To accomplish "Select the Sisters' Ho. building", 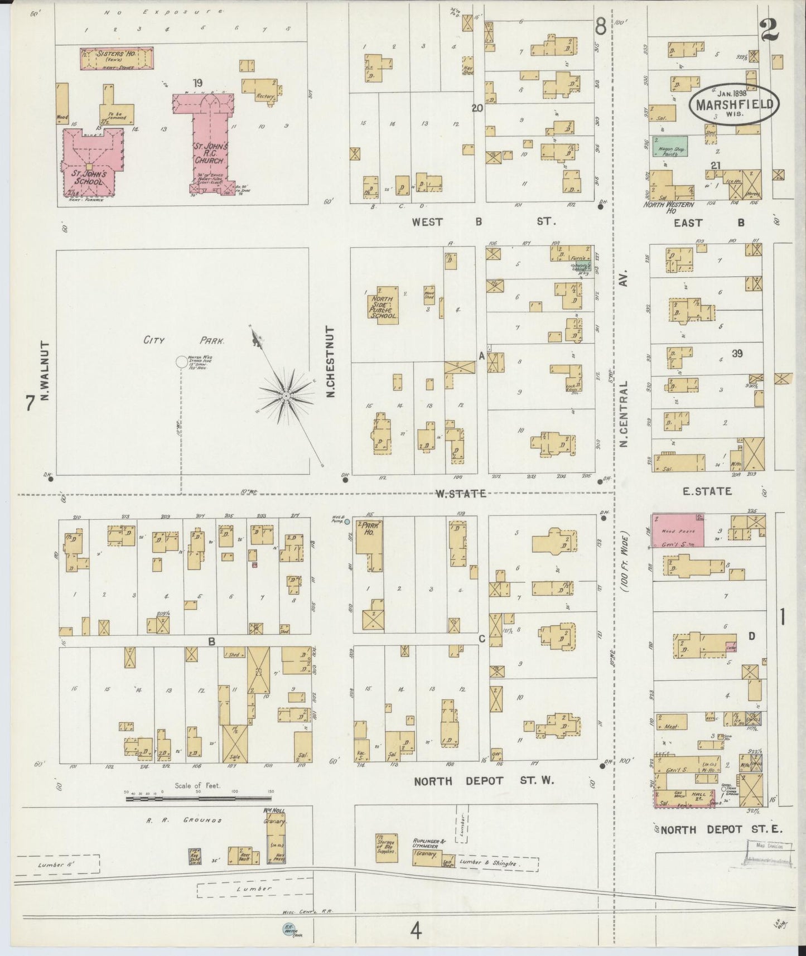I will click(117, 58).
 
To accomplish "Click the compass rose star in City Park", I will click(286, 396).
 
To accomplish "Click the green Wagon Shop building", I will click(670, 146).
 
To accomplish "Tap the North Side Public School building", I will click(383, 305).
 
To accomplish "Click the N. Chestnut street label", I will click(330, 363).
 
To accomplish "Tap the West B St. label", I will click(482, 222).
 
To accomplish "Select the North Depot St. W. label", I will click(483, 781).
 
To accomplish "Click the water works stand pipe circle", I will click(181, 361).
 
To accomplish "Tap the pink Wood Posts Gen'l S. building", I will click(678, 530).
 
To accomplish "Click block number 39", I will click(737, 354).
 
